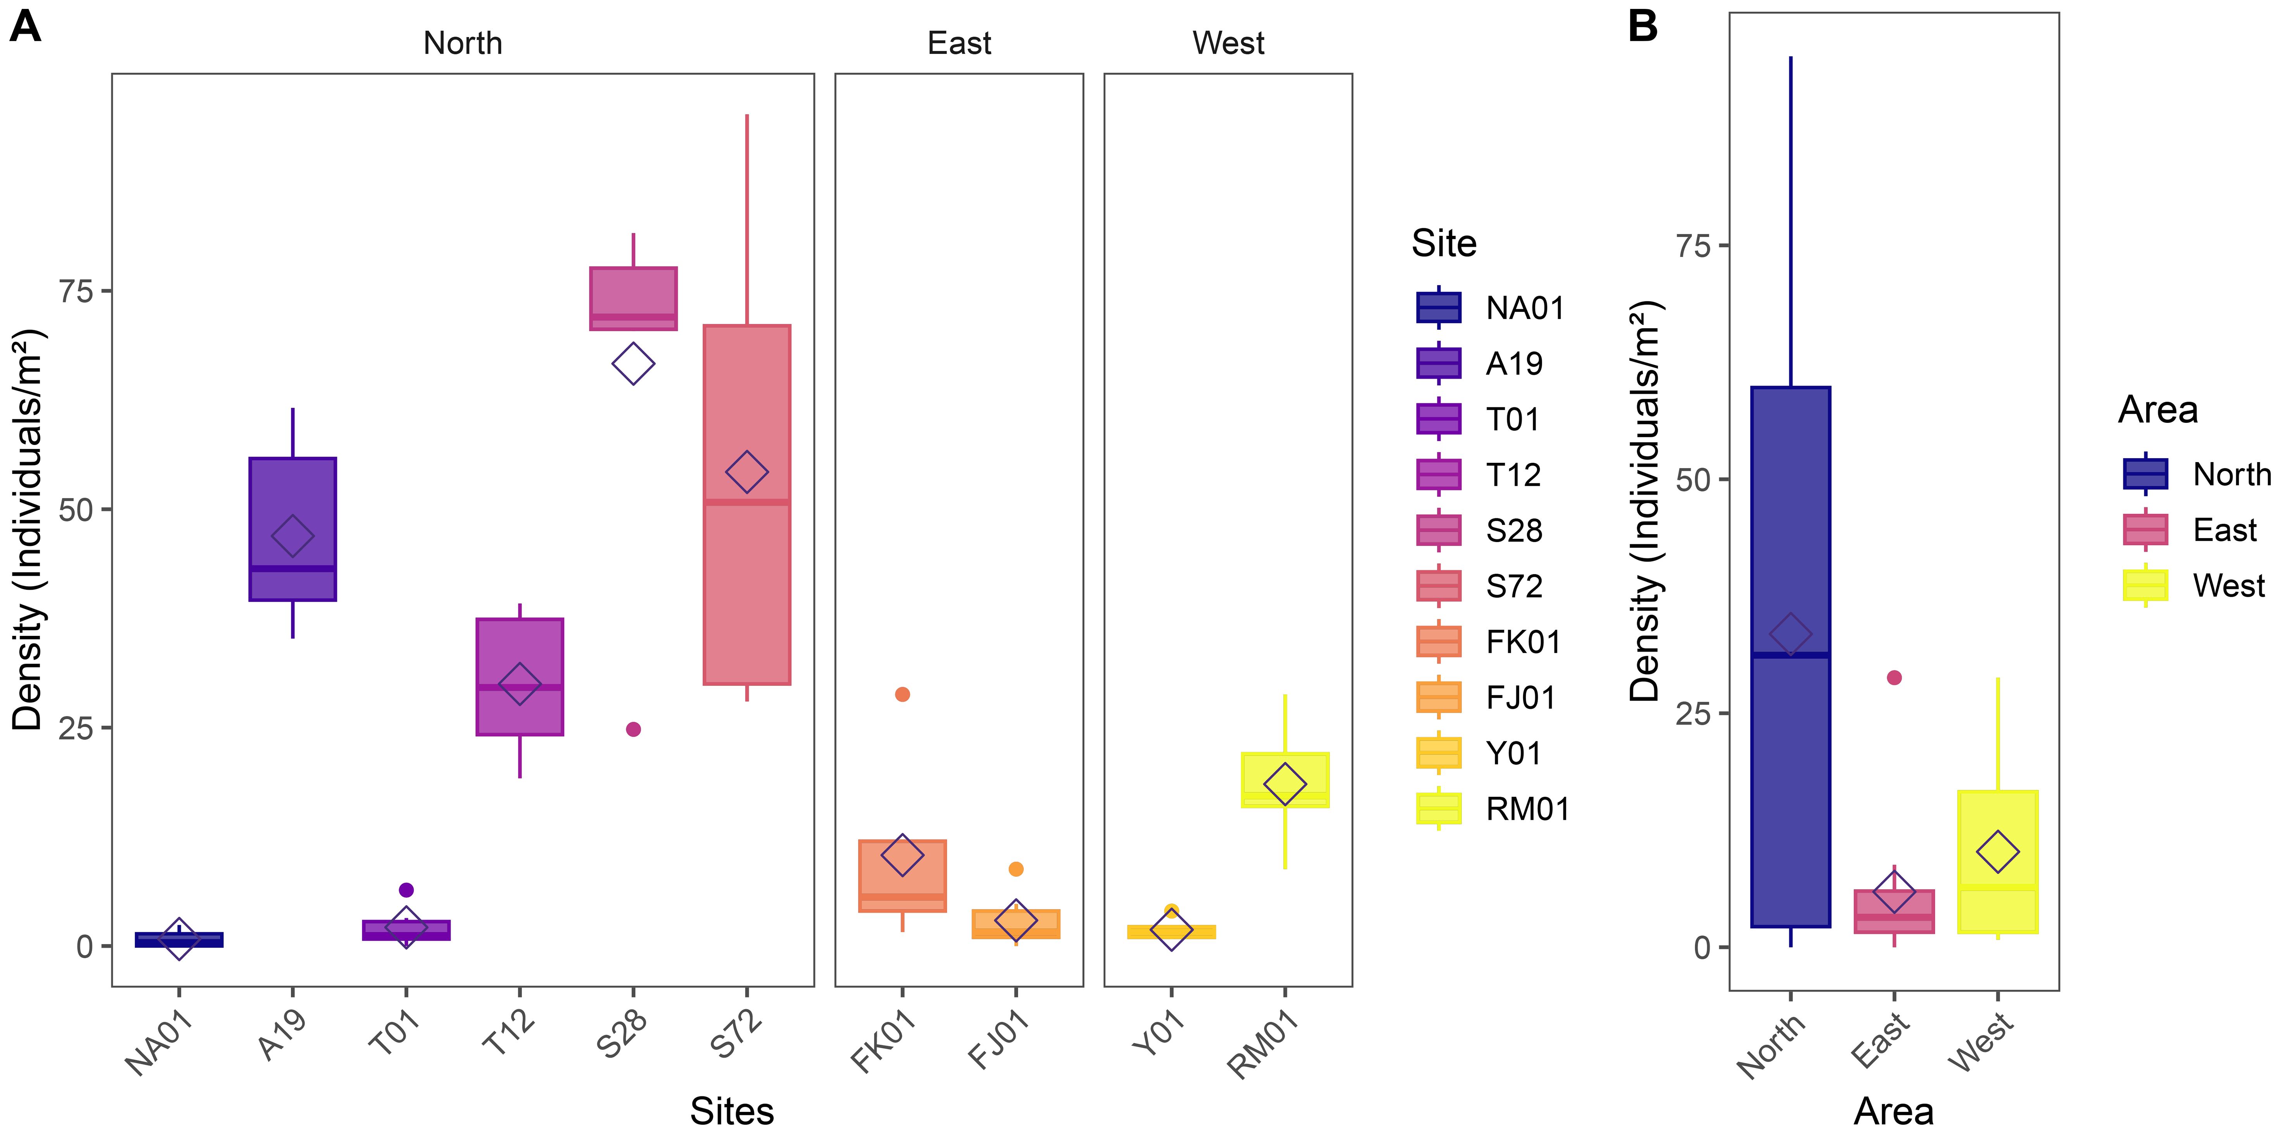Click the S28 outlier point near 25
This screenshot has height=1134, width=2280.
click(x=633, y=729)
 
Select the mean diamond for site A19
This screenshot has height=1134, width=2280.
click(x=292, y=535)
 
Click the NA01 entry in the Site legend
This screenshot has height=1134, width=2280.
click(x=1524, y=308)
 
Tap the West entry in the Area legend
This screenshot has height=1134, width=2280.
click(x=2228, y=585)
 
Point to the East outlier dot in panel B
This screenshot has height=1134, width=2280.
click(x=1894, y=678)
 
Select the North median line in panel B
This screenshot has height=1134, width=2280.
click(x=1791, y=655)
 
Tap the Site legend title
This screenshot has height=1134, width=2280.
click(x=1444, y=243)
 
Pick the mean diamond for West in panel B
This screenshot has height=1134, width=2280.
click(x=1998, y=852)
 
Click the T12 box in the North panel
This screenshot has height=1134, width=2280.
click(x=520, y=655)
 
